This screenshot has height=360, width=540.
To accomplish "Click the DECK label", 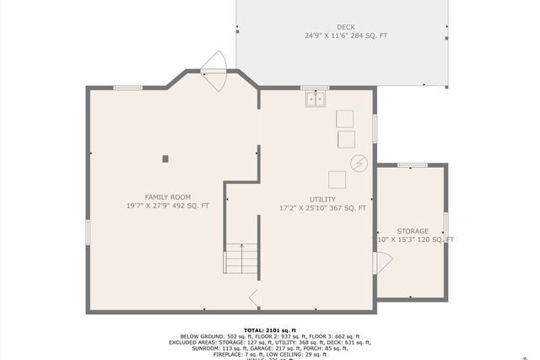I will (x=345, y=27).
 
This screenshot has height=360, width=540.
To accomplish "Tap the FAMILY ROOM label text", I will (x=168, y=196).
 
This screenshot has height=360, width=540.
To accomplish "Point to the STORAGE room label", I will (x=413, y=231).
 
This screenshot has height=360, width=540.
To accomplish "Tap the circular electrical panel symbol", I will (x=360, y=162).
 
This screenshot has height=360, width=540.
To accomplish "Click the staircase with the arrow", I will (x=241, y=258).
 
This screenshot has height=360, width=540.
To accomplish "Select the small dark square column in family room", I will (x=165, y=158).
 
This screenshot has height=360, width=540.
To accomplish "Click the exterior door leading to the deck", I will (x=214, y=72).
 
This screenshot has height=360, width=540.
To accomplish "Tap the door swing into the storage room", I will (x=381, y=262).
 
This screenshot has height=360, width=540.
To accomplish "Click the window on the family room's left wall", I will (x=87, y=232).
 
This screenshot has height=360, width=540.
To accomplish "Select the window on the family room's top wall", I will (x=127, y=87).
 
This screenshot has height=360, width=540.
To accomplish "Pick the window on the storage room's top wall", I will (x=412, y=165).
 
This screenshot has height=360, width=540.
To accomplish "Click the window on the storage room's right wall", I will (x=446, y=224).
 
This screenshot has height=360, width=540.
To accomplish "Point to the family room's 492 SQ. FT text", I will (x=192, y=206).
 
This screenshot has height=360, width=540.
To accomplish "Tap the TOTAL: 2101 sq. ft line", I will (x=270, y=330).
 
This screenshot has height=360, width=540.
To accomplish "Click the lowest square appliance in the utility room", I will (x=337, y=180).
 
